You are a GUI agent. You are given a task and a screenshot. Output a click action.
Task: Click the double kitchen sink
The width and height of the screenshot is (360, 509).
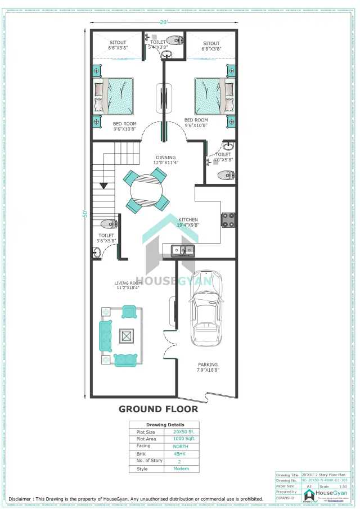click(183, 249)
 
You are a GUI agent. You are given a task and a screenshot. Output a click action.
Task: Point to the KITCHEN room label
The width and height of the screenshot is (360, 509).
click(188, 219)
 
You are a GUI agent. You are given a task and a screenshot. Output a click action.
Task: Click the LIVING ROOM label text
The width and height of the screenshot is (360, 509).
click(128, 283)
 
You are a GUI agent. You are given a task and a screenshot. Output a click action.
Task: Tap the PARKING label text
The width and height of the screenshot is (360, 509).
click(208, 364)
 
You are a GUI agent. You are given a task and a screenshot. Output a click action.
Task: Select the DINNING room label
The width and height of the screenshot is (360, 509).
click(165, 157)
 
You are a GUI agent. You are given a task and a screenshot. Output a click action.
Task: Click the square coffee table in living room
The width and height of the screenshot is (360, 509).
click(126, 336)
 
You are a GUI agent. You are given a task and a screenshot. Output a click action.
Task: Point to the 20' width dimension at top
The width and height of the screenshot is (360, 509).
click(163, 22)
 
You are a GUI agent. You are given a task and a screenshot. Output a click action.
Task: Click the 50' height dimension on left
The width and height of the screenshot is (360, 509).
click(84, 214)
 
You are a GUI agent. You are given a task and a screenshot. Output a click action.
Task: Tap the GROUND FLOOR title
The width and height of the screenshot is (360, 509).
click(158, 409)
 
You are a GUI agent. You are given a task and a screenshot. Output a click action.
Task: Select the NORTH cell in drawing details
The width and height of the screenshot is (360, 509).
click(181, 446)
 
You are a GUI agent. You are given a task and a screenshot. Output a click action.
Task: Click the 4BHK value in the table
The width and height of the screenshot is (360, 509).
click(181, 453)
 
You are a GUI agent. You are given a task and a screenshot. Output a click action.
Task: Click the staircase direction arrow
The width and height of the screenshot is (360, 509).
click(103, 184)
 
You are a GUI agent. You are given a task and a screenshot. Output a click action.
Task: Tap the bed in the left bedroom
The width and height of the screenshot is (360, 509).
click(115, 96)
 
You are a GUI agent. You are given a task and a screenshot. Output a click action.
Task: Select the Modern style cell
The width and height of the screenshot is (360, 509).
click(181, 469)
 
